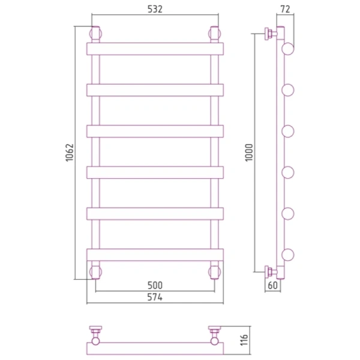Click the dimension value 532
(x=155, y=9)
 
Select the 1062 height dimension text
(x=70, y=152)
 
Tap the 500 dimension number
(x=155, y=286)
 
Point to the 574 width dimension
(x=155, y=298)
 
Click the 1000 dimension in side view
(x=249, y=152)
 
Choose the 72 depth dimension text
(x=286, y=9)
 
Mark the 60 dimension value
(x=273, y=286)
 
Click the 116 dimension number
(x=244, y=340)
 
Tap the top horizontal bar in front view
(x=155, y=49)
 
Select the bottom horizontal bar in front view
(x=155, y=255)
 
